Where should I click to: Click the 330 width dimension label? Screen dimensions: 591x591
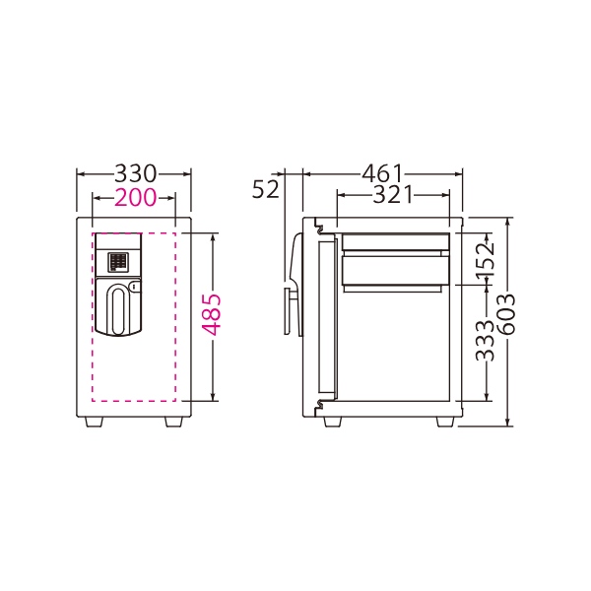point(135,173)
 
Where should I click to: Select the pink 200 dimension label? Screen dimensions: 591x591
point(135,197)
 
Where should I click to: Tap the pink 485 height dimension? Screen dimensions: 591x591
point(211,315)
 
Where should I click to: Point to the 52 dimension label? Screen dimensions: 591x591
point(266,189)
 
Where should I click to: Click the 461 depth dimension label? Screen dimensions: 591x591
point(382,173)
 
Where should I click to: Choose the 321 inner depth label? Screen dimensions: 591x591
point(393,195)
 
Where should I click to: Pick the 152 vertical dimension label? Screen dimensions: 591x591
point(485,261)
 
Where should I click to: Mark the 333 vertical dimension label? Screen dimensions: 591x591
point(485,341)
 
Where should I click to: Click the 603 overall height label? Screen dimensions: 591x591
point(506,315)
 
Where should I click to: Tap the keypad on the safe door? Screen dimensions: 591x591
point(118,262)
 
